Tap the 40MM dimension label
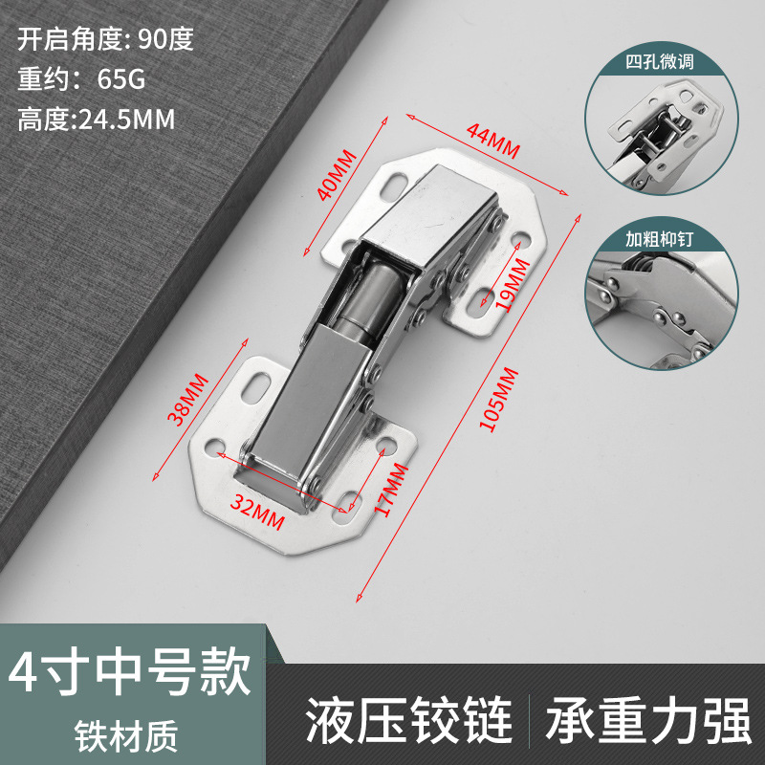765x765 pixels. click(336, 175)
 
